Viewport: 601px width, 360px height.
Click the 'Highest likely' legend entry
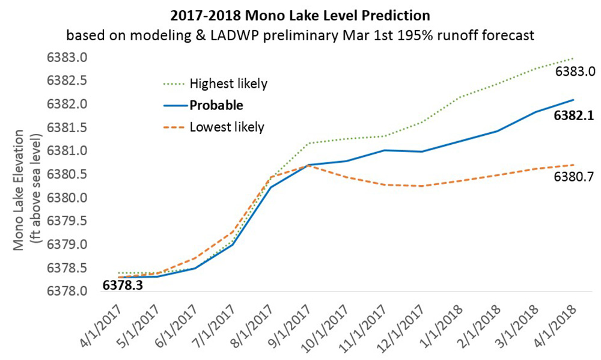pos(228,82)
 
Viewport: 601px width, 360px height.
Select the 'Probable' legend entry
pos(216,105)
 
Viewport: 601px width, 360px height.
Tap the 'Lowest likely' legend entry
pos(227,127)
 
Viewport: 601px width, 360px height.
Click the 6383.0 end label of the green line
pos(575,72)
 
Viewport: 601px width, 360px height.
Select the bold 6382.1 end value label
pos(575,116)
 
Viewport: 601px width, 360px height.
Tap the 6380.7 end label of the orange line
pos(575,178)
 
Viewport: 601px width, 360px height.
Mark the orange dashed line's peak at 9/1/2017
pos(308,165)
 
